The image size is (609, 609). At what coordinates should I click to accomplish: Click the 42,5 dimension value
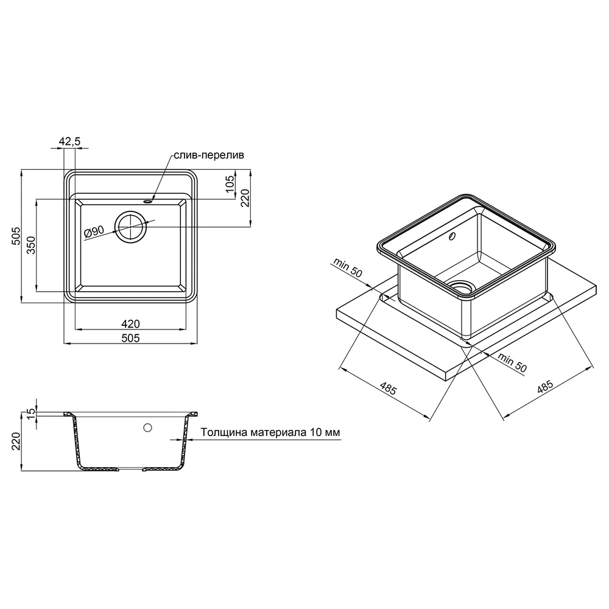click(x=69, y=141)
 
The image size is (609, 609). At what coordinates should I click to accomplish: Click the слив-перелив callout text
click(x=209, y=155)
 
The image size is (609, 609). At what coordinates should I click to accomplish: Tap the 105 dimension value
click(x=230, y=184)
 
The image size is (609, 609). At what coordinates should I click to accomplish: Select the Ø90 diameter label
click(x=94, y=232)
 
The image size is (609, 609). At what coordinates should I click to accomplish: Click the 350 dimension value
click(x=31, y=245)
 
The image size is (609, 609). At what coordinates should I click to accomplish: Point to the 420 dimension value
click(x=130, y=323)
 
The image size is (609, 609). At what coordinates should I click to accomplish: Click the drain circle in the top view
click(x=131, y=227)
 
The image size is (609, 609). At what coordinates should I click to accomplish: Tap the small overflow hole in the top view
click(x=148, y=202)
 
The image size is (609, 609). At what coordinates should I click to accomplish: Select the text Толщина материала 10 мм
click(x=270, y=432)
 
